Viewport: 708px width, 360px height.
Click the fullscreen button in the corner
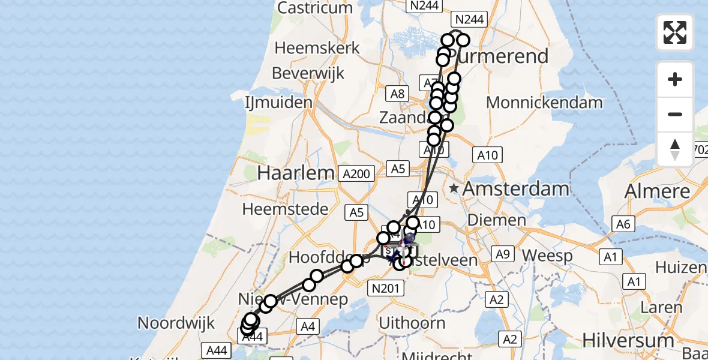pyautogui.click(x=675, y=32)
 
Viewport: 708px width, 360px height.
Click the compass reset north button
pyautogui.click(x=675, y=149)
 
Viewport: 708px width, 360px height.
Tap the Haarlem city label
pyautogui.click(x=295, y=173)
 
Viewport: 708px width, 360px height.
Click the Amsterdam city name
pyautogui.click(x=516, y=189)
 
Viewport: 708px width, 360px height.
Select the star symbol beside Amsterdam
pyautogui.click(x=454, y=188)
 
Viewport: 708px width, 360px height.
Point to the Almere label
pyautogui.click(x=658, y=191)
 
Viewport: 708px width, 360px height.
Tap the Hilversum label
pyautogui.click(x=628, y=341)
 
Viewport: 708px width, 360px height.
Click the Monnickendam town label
pyautogui.click(x=544, y=103)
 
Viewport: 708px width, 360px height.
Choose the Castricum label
pyautogui.click(x=315, y=8)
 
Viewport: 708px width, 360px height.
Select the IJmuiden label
pyautogui.click(x=279, y=103)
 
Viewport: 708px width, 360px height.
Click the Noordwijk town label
pyautogui.click(x=176, y=323)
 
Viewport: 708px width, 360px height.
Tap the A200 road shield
pyautogui.click(x=356, y=174)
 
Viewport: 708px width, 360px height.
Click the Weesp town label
pyautogui.click(x=547, y=255)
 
